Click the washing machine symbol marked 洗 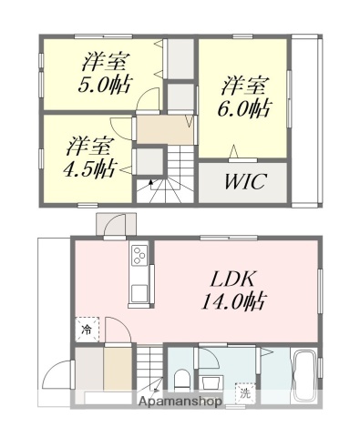click(x=243, y=393)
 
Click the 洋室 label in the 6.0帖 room click(x=244, y=86)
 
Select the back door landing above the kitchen click(x=116, y=222)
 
